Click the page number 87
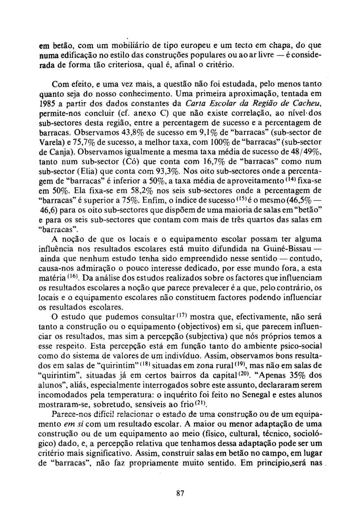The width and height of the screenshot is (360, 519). (x=180, y=493)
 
